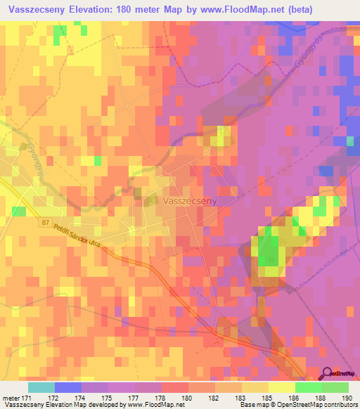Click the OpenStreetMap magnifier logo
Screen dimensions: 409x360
coord(328,374)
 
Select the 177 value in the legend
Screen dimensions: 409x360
coord(135,398)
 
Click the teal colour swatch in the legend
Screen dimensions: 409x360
coord(41,387)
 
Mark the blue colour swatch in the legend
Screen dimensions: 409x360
coord(68,387)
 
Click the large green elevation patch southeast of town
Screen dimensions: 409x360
coord(268,250)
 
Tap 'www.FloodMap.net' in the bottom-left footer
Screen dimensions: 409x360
coord(147,405)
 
